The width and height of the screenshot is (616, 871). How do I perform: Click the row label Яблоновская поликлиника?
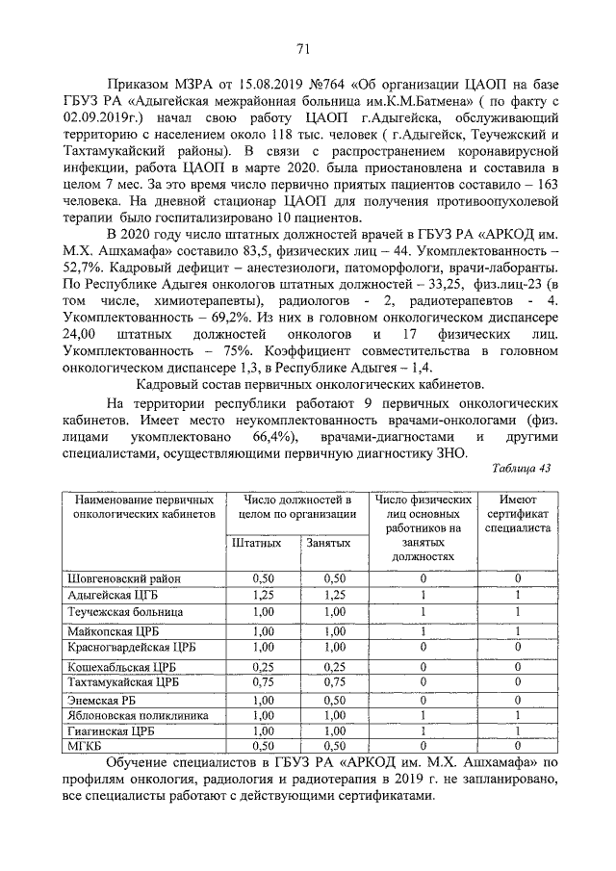tap(131, 715)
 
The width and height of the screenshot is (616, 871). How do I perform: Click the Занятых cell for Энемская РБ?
tap(335, 700)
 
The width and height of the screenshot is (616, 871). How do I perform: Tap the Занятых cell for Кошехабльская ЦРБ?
tap(335, 665)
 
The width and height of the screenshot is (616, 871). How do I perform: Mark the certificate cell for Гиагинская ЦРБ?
tap(518, 731)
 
